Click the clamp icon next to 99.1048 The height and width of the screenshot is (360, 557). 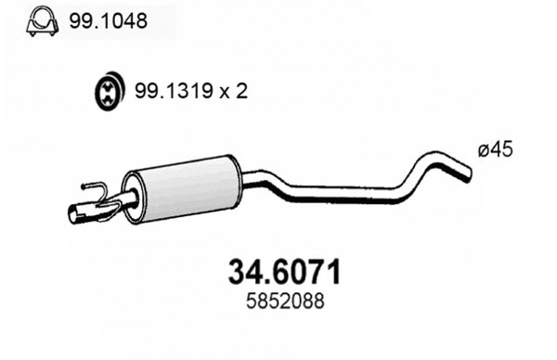tap(39, 19)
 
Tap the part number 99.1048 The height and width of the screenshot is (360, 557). tap(108, 19)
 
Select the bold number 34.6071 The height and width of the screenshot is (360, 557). tap(284, 273)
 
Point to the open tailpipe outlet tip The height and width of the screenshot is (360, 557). tap(77, 215)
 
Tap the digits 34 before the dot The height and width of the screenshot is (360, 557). tap(241, 273)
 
